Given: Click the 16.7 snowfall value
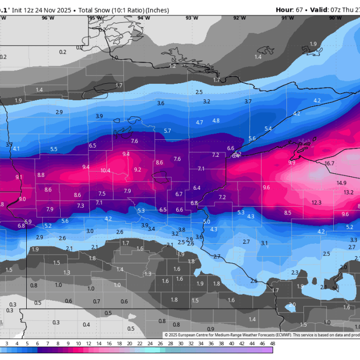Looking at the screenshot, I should coord(330,164).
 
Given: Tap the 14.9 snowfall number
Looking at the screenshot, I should coord(341,183).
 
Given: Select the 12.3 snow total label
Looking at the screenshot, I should coord(316,203).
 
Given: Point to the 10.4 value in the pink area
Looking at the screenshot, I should coord(105,170).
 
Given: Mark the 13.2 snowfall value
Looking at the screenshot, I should coord(349,192).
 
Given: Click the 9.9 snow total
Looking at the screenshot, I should coord(292,163).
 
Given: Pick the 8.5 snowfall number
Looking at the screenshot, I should coord(287,213).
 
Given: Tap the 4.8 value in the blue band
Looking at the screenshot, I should coord(216,121).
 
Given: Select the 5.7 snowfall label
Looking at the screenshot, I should coord(167,131).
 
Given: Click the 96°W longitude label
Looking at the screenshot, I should coord(48,18).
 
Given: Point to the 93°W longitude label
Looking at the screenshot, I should coord(192,18).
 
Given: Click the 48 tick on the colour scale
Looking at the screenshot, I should coord(272,343).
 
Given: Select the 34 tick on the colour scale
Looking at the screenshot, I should coord(201,343).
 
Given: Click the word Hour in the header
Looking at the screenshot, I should coord(284,10).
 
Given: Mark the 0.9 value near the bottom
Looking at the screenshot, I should coord(210,329).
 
